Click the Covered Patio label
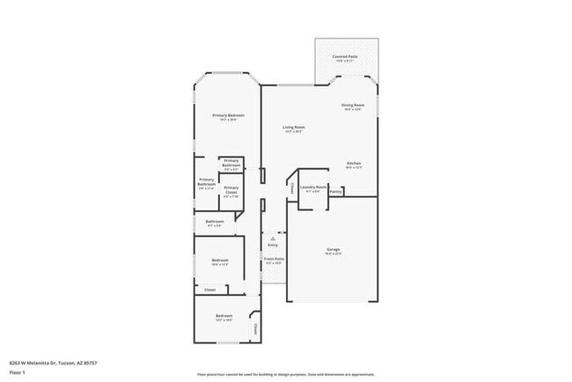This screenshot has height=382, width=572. (344, 56)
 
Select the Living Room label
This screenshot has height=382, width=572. (293, 128)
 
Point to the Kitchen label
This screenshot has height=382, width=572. (354, 164)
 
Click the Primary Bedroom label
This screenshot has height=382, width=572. (228, 116)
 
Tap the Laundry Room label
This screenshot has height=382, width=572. (313, 187)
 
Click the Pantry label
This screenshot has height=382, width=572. (335, 191)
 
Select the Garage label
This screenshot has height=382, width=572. (334, 250)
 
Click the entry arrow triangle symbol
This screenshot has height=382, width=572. (273, 238)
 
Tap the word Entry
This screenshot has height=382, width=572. (273, 245)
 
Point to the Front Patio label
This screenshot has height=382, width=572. (273, 259)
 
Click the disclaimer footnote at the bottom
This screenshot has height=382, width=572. (286, 374)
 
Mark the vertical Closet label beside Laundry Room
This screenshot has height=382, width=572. (292, 187)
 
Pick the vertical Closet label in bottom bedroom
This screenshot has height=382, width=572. (256, 328)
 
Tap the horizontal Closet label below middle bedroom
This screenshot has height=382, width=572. (210, 290)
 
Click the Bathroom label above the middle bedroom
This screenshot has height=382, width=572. (215, 221)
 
